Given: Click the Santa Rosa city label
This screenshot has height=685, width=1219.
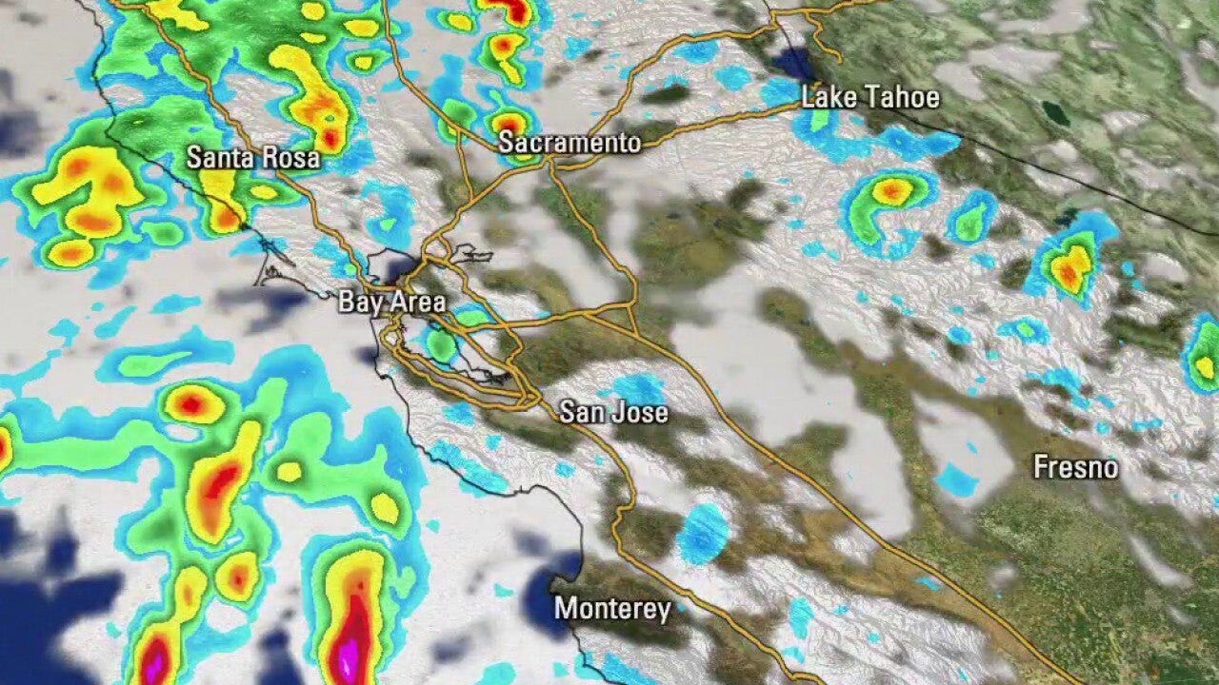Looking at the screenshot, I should tap(252, 158).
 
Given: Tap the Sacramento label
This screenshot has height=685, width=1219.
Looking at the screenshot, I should tap(570, 144).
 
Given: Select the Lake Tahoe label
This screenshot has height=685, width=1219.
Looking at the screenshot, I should tap(869, 97).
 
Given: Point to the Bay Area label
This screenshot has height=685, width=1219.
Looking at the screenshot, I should tap(391, 303).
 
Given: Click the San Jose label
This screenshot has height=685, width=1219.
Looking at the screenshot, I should tap(613, 412).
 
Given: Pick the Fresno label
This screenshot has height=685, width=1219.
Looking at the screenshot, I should tap(1075, 467).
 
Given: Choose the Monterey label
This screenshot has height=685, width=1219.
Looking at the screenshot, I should tap(612, 609).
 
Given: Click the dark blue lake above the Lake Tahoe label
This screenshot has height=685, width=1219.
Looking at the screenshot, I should tap(792, 65).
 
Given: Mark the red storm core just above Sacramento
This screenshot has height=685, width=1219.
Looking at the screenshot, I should tap(510, 124).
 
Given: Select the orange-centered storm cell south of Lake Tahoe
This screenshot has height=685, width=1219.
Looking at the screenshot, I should tap(891, 193).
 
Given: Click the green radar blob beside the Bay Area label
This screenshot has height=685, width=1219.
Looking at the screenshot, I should tap(440, 344).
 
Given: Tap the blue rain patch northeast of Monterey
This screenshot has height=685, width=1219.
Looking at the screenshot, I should tap(703, 533).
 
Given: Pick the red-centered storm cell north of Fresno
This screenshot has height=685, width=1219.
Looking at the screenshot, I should tap(1070, 267).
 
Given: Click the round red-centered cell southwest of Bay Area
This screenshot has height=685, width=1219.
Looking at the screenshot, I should tap(191, 404).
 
